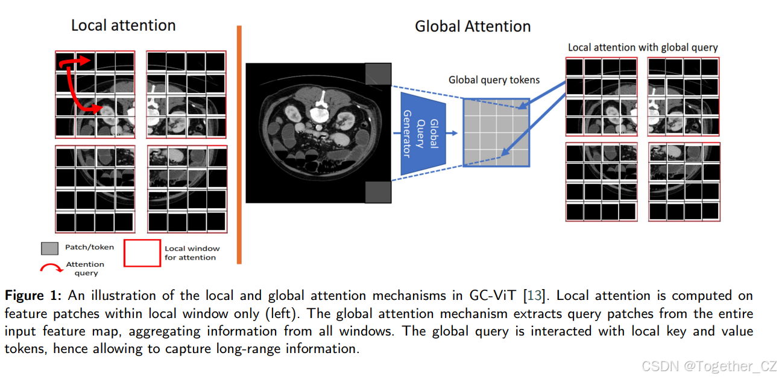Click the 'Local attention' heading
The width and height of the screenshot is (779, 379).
point(123,25)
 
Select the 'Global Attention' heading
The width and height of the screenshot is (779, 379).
point(473,27)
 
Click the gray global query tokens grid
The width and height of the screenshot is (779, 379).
point(496,133)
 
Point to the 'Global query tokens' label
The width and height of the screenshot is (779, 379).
point(494,80)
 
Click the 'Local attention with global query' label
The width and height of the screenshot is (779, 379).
point(643,47)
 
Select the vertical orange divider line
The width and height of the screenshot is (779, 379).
point(239,145)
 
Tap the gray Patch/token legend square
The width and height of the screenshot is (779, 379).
point(49,248)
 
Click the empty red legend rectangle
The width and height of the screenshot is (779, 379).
point(142,253)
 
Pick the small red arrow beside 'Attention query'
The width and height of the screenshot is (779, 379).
point(51,268)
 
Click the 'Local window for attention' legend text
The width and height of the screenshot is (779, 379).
point(192,253)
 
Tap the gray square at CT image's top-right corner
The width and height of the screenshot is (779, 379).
point(378,74)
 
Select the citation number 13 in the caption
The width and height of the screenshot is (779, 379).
point(534,296)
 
